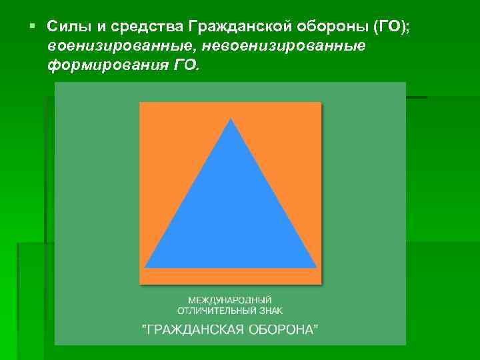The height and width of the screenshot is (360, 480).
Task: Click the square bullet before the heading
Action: point(32,26)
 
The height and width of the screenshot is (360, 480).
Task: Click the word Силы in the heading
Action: point(65,27)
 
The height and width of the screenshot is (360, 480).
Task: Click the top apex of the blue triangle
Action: point(231,119)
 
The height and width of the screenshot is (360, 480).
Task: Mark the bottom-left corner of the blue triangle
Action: point(145,267)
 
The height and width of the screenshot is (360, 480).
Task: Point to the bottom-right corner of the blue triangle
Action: point(316,267)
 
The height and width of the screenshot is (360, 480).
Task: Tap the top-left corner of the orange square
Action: point(140,103)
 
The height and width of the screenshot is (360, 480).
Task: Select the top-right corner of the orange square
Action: point(321,103)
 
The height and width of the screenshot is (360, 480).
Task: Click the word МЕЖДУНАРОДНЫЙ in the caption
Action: point(230,301)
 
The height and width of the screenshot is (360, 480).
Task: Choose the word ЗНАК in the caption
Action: point(270,311)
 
